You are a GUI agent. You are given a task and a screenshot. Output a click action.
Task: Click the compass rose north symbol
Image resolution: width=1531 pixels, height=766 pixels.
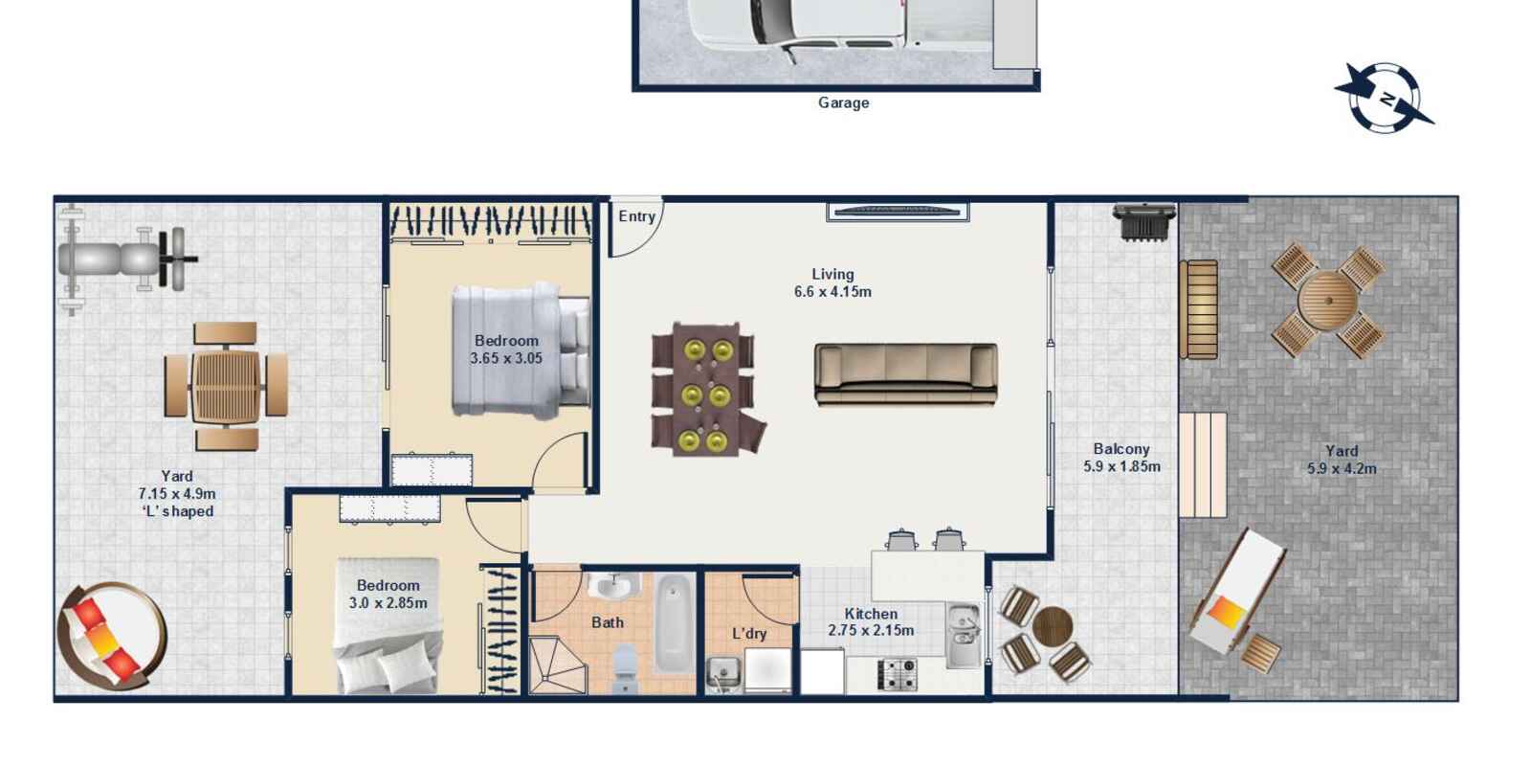(x=1385, y=98)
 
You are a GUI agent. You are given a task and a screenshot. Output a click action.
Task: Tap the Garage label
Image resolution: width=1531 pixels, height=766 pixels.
(x=843, y=102)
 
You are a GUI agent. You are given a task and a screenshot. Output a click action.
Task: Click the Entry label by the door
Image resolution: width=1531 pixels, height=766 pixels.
(x=636, y=216)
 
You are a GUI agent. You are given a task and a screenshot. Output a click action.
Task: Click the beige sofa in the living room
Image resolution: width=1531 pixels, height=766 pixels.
(x=905, y=373)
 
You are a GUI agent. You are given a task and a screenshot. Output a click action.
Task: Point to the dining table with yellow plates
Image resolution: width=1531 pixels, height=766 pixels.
(x=705, y=389)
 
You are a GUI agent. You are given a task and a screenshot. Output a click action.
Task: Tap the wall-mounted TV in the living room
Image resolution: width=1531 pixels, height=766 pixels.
(x=898, y=212)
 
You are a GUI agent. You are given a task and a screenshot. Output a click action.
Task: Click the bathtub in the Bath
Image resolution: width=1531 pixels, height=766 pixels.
(x=674, y=621)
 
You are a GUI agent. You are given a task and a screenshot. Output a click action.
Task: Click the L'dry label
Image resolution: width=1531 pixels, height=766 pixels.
(x=749, y=634)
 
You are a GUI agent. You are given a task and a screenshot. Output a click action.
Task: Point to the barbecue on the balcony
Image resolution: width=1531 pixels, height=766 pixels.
(x=1143, y=223)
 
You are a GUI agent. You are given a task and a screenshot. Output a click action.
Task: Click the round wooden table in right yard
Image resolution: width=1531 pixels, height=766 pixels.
(x=1327, y=301)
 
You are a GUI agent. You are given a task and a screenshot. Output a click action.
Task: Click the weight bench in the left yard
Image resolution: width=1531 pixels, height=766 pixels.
(x=124, y=259)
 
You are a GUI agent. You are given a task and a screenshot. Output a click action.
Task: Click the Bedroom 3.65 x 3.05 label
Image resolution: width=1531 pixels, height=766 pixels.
(x=506, y=349)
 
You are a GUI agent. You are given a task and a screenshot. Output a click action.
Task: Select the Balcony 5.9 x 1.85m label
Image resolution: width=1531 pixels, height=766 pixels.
(x=1121, y=458)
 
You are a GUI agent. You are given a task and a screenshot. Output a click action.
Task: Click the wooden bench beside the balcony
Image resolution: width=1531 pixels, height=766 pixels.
(x=1198, y=308)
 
